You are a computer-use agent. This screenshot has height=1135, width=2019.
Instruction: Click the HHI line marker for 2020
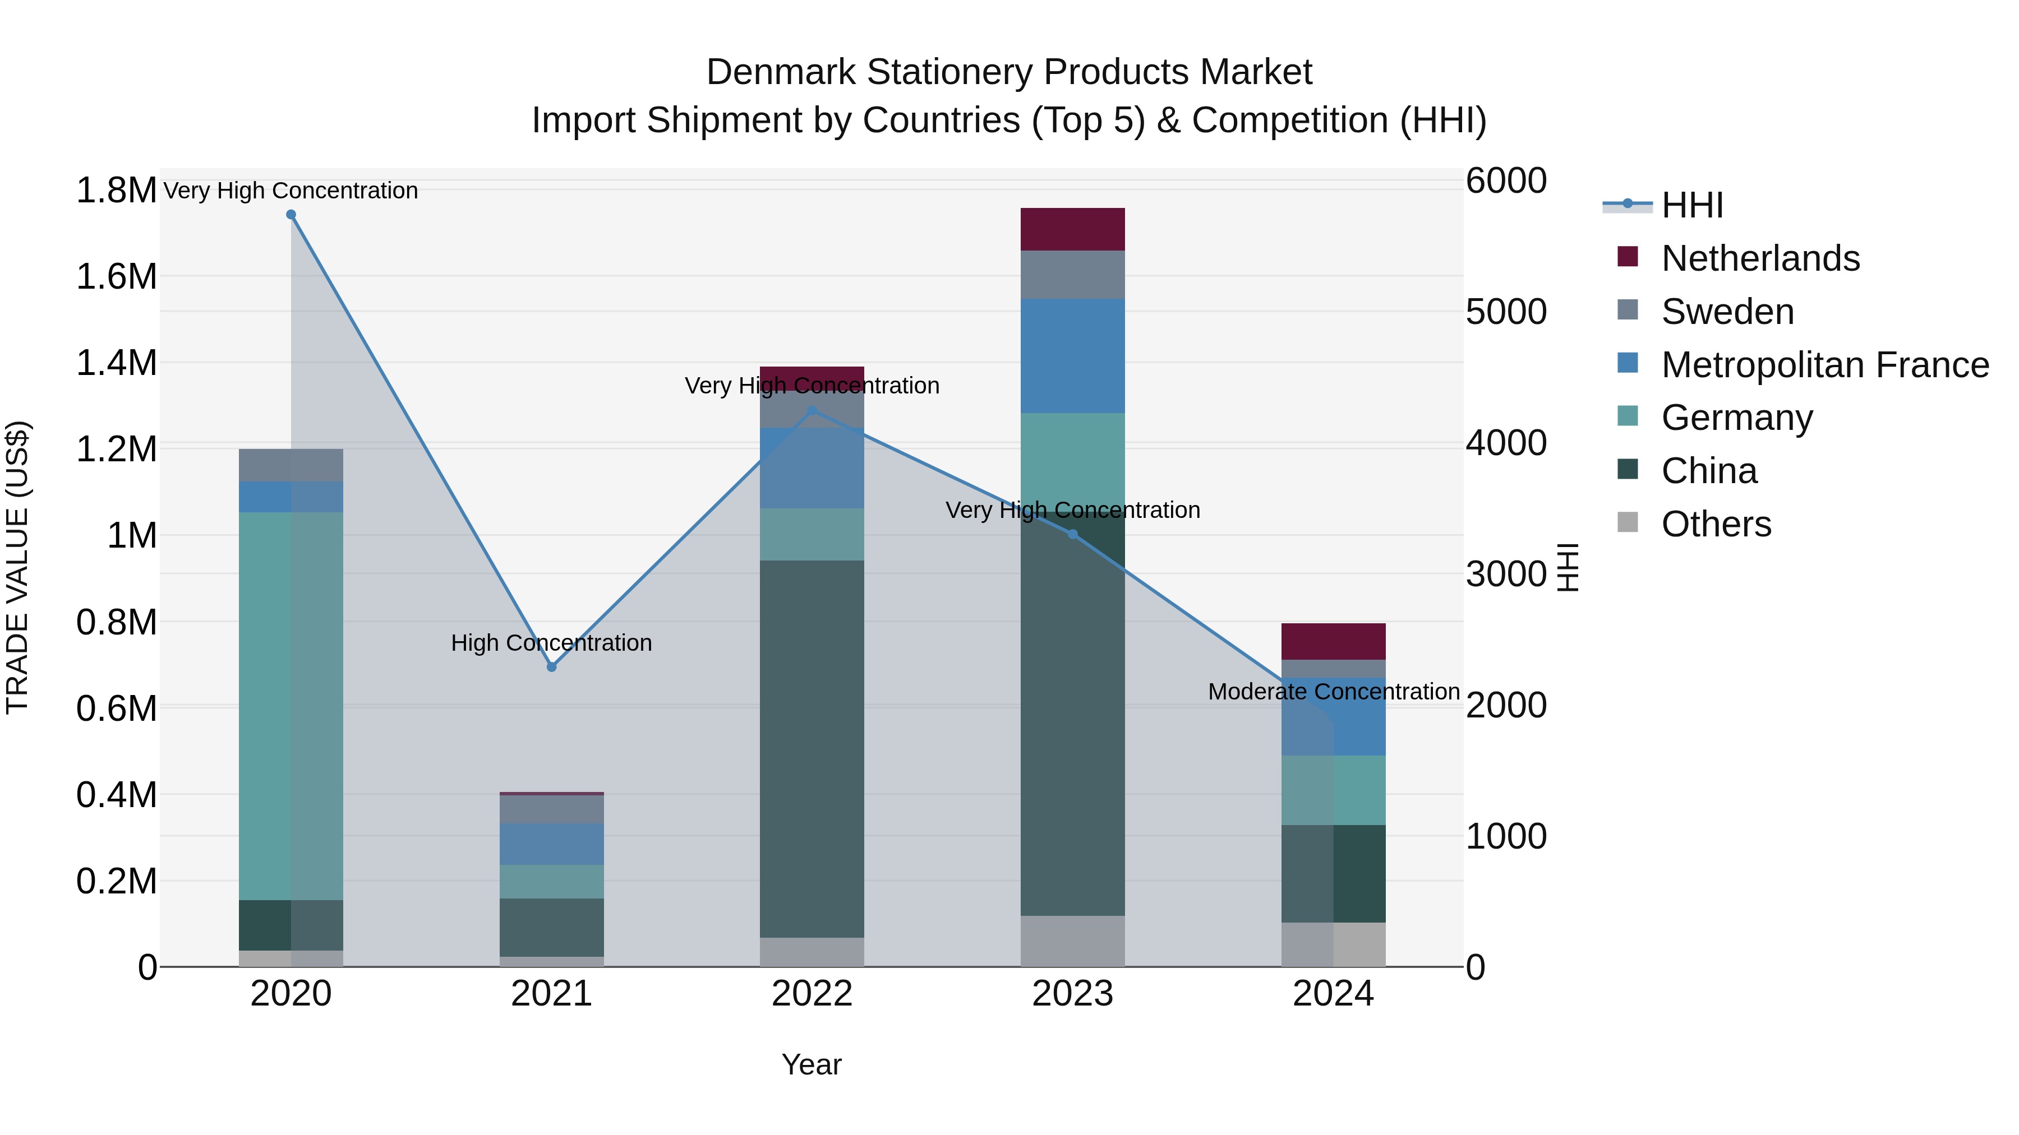tap(291, 215)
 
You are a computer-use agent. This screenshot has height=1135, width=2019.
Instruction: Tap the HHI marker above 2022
tap(812, 410)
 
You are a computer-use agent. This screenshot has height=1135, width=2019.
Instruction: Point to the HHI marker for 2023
tap(1073, 534)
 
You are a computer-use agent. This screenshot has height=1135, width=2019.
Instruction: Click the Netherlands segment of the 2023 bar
tap(1072, 229)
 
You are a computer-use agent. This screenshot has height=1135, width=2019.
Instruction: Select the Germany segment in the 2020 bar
tap(291, 705)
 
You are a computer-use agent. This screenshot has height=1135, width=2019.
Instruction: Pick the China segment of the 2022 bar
tap(812, 748)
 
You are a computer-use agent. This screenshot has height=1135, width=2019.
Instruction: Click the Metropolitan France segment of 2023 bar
tap(1072, 355)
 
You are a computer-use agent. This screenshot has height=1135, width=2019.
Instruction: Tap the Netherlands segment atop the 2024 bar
tap(1333, 642)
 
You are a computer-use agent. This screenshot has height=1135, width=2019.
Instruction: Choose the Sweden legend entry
tap(1727, 312)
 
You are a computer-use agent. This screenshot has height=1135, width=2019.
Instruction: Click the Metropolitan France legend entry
tap(1824, 365)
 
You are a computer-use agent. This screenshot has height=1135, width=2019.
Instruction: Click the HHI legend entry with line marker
tap(1691, 205)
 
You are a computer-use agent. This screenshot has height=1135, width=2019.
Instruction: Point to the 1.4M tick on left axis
tap(116, 363)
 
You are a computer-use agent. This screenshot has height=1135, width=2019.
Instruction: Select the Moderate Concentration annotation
tap(1333, 692)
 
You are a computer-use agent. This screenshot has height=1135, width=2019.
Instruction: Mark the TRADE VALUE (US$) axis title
tap(18, 567)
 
